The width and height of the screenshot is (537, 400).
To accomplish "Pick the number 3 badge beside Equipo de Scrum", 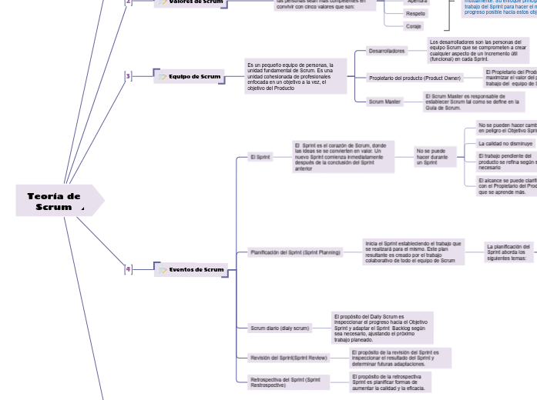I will point(129,76).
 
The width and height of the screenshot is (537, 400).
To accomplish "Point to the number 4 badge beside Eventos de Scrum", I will point(129,269).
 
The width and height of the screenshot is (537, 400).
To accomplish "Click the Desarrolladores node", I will point(386,51).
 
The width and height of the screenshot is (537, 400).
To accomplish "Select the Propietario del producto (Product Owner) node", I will point(414,78).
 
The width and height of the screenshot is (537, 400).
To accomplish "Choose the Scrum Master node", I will point(384,102).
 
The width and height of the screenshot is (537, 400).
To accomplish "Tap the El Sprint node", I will point(260,157).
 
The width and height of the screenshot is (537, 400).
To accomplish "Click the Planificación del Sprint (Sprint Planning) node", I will point(295,252).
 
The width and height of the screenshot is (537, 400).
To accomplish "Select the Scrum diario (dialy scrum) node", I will point(280,328).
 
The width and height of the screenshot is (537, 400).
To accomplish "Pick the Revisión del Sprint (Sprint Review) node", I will point(288,358).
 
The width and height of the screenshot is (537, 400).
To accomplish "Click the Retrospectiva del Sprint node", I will point(284,382).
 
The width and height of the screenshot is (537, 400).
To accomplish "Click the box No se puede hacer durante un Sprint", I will point(431,157).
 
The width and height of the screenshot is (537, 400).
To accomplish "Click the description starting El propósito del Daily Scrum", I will point(382,328).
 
